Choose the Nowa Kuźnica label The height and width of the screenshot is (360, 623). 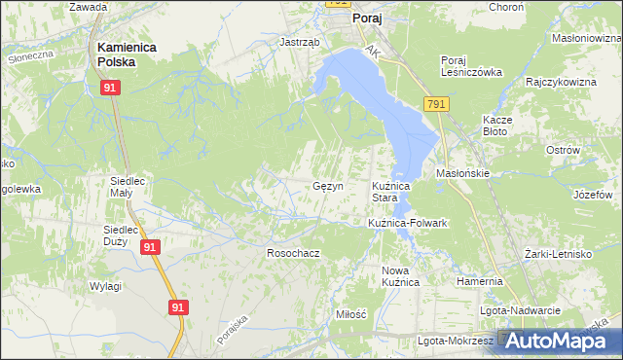[400, 275]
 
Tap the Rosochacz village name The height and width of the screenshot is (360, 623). [293, 253]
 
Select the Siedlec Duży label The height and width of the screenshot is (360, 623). [124, 235]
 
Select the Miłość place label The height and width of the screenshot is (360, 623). [349, 314]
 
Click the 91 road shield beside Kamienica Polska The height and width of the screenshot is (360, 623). [111, 89]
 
